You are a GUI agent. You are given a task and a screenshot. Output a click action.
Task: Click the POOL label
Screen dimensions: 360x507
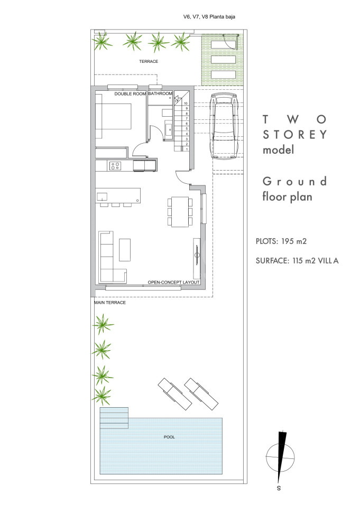(169, 437)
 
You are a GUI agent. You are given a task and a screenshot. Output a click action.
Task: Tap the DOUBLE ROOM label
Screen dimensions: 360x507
(130, 94)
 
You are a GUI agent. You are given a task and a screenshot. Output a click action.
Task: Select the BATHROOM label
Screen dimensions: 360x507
(160, 93)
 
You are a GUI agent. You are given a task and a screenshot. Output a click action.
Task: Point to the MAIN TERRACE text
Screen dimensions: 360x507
(110, 302)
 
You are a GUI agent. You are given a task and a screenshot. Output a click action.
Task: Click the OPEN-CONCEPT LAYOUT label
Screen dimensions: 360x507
(173, 282)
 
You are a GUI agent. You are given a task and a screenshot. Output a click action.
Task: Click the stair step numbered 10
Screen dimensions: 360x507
(186, 104)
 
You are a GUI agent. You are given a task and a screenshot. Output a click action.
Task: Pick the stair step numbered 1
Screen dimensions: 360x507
(187, 149)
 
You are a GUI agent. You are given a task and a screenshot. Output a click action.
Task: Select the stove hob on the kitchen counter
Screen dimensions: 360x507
(115, 166)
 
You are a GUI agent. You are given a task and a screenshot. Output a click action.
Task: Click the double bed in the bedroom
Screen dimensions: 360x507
(113, 116)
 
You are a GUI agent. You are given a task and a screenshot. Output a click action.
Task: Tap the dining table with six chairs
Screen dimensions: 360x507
(180, 212)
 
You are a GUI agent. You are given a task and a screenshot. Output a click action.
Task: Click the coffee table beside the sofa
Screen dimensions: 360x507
(125, 250)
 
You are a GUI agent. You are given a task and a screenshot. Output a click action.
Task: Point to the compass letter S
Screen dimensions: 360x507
(279, 488)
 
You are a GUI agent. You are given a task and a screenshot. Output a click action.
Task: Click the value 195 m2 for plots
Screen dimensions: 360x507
(293, 241)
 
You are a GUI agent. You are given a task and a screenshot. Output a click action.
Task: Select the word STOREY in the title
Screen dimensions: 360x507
(295, 135)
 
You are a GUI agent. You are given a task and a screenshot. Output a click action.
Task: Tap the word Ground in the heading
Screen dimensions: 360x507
(294, 181)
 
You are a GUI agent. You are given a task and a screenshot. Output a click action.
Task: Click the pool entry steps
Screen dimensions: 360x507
(114, 418)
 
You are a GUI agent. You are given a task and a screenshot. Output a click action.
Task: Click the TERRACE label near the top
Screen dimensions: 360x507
(149, 61)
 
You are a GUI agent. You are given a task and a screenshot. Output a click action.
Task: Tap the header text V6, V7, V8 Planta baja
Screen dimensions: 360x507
(209, 17)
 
